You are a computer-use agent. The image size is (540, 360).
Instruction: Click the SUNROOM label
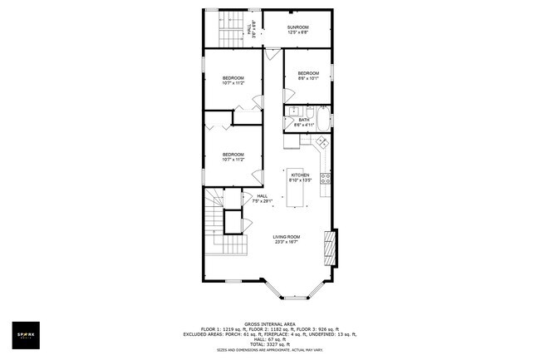click(297, 27)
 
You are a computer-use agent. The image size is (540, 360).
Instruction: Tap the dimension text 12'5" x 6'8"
click(297, 33)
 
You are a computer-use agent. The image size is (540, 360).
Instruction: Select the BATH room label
click(304, 120)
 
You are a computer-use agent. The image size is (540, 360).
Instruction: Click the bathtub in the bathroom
click(322, 114)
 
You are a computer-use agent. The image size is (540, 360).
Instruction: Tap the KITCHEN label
click(300, 175)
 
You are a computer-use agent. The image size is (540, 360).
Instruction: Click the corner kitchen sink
click(318, 144)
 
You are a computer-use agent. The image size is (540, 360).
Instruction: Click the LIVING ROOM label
click(287, 236)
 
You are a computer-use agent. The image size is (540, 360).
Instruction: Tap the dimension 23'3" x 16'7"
click(287, 242)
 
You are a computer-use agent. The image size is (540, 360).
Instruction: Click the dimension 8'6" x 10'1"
click(308, 80)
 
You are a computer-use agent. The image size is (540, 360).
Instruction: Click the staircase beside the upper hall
click(230, 31)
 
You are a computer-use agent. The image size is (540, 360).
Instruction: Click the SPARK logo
click(28, 334)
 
